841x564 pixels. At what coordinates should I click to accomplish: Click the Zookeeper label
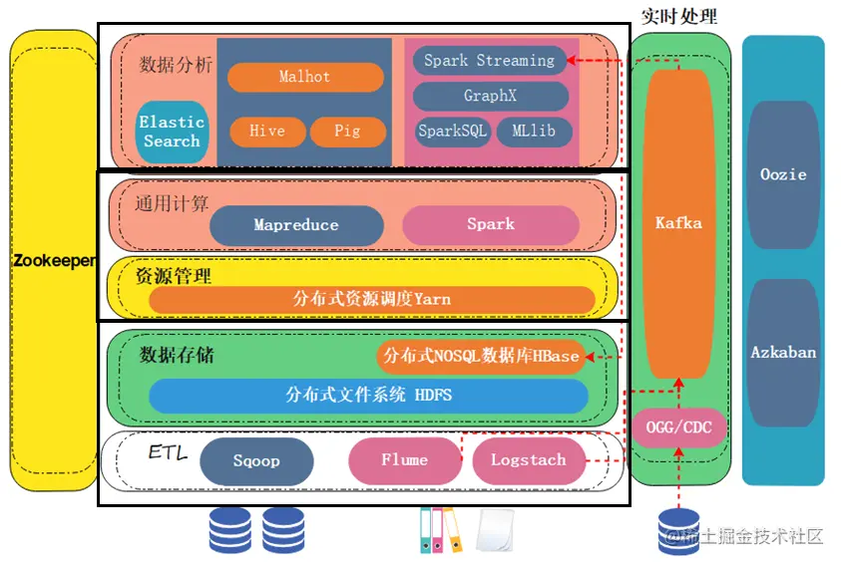click(x=54, y=260)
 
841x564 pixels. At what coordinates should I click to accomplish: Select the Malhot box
click(x=305, y=77)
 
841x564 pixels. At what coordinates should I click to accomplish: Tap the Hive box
click(x=266, y=131)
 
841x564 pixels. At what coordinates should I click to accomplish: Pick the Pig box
click(x=347, y=131)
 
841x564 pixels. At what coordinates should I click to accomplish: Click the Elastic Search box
click(x=172, y=132)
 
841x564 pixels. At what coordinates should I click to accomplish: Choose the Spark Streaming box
click(x=489, y=61)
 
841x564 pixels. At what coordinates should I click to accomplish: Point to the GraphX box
click(x=490, y=97)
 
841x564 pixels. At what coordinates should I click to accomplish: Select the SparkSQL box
click(x=453, y=132)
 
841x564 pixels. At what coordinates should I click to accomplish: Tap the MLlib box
click(x=534, y=132)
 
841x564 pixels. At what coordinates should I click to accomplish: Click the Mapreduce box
click(x=296, y=225)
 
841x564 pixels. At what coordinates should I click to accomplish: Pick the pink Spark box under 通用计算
click(x=491, y=224)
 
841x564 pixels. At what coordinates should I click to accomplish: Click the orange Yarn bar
click(x=371, y=299)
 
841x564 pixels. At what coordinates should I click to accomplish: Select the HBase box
click(x=481, y=356)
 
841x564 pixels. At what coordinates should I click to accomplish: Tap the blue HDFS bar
click(x=368, y=395)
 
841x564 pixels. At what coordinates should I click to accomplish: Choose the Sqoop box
click(x=256, y=461)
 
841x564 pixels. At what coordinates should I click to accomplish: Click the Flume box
click(x=404, y=460)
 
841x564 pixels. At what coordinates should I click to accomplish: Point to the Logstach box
click(x=528, y=460)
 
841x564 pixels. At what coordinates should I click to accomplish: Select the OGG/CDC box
click(x=678, y=428)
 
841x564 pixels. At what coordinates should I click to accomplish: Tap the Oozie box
click(x=783, y=174)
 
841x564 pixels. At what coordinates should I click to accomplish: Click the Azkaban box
click(x=783, y=352)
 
